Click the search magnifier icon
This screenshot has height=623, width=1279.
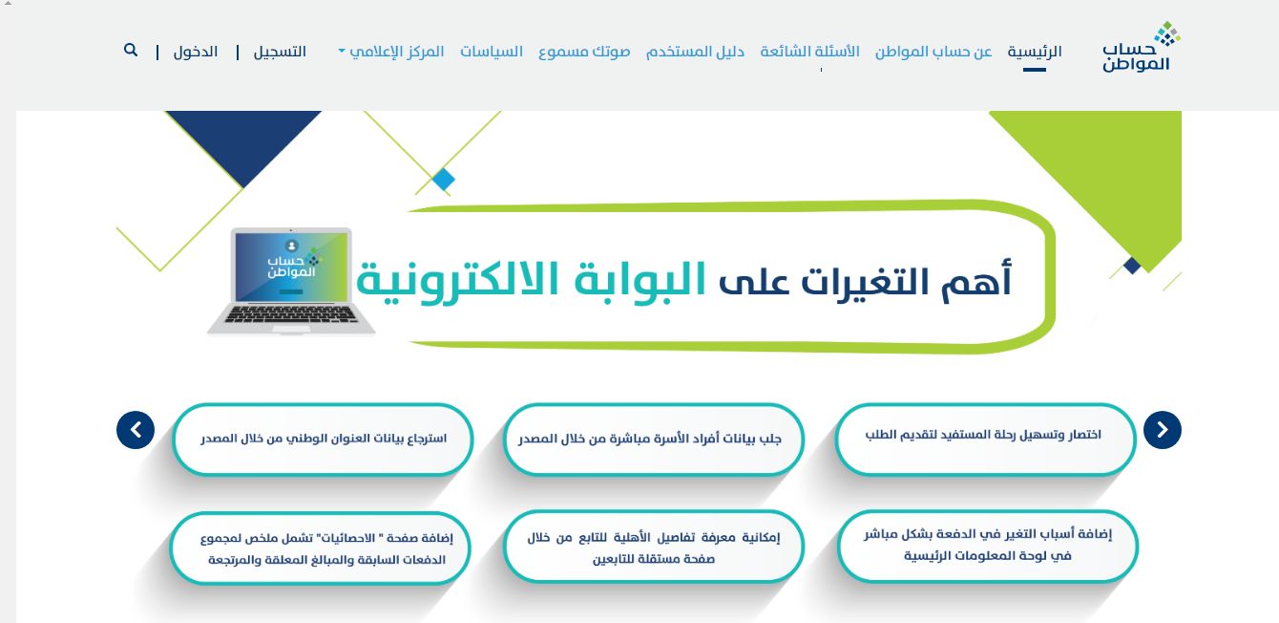[131, 50]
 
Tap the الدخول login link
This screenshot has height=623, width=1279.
[196, 52]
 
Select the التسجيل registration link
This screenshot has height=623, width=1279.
[280, 52]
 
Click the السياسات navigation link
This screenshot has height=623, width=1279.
[492, 52]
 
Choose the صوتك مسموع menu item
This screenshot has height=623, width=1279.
[584, 52]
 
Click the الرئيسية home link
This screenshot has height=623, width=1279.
[1035, 52]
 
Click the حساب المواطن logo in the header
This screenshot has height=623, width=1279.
[1142, 49]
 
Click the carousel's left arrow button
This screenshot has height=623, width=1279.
[136, 430]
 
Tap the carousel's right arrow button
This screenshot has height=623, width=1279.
[1163, 430]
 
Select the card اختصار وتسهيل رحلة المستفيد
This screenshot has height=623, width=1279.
[985, 435]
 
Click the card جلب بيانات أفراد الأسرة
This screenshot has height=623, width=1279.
[653, 440]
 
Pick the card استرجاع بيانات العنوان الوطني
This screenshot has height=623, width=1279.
[323, 440]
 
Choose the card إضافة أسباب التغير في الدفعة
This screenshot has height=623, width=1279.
[988, 546]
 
